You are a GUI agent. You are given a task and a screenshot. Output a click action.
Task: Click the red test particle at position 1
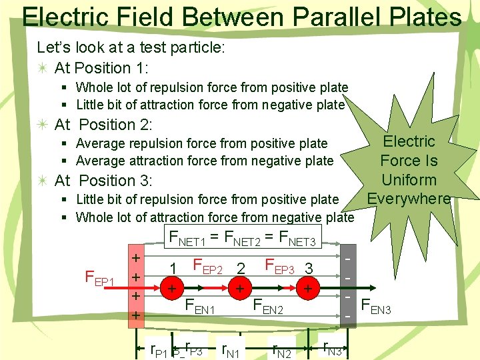(x=172, y=289)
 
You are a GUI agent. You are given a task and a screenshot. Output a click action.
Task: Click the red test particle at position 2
(x=238, y=289)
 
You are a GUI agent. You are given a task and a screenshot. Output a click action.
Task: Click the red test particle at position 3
(x=307, y=289)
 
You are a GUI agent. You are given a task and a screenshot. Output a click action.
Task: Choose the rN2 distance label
(x=279, y=349)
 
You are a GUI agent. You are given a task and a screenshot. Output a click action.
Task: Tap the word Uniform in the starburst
(x=409, y=180)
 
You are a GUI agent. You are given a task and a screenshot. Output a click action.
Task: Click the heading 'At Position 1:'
(x=101, y=68)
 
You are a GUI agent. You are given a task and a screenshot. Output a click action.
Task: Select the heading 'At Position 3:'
(x=103, y=181)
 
